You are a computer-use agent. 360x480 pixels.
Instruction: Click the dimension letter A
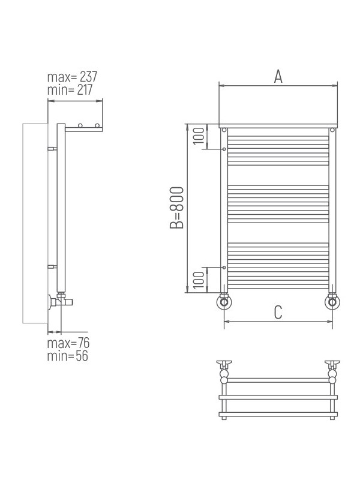click(278, 76)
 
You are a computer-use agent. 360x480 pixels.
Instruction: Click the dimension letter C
click(278, 312)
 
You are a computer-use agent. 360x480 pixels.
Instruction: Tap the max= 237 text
click(72, 77)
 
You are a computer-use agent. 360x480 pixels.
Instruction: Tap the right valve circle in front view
click(331, 302)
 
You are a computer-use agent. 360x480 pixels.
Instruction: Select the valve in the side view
click(61, 298)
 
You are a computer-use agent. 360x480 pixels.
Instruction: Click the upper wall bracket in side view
click(52, 148)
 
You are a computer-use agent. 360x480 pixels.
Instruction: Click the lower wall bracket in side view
click(52, 265)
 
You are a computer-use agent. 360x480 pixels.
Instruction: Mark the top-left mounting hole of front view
click(224, 130)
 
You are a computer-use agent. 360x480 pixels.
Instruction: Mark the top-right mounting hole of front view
click(332, 130)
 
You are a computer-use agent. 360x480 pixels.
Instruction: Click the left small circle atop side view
click(80, 125)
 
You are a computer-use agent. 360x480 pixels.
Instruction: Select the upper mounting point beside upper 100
click(224, 149)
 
